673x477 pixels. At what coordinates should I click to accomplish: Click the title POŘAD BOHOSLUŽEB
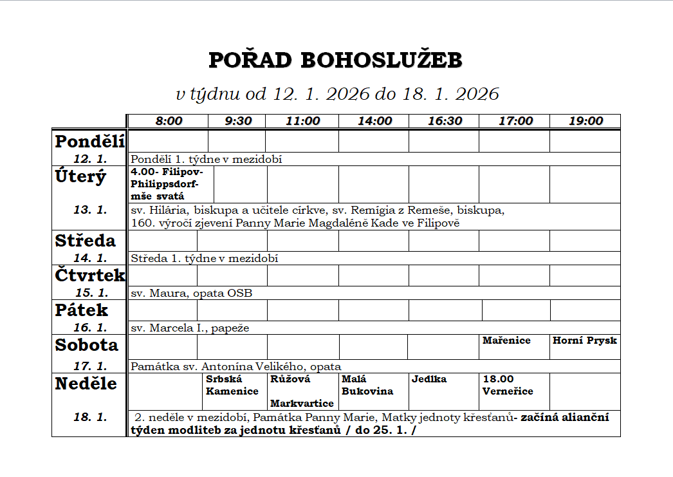[336, 61]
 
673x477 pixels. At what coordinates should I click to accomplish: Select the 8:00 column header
[169, 121]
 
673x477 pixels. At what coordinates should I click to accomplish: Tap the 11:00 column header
[302, 121]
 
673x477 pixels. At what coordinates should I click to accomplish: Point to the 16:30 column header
[445, 121]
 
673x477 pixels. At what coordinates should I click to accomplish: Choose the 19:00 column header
[585, 121]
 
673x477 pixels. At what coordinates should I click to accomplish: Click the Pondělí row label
[89, 141]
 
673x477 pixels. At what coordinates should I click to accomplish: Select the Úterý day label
[80, 176]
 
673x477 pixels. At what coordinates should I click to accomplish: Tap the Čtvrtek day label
[89, 275]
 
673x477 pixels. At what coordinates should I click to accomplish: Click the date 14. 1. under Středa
[90, 258]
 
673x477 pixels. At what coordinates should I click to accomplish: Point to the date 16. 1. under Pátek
[90, 328]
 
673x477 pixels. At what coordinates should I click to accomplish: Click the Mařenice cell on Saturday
[506, 341]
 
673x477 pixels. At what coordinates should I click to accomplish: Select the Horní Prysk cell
[584, 341]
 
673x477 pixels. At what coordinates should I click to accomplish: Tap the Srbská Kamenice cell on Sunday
[232, 385]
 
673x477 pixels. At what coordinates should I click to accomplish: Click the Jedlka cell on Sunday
[429, 379]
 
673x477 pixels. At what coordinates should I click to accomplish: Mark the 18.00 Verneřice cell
[508, 385]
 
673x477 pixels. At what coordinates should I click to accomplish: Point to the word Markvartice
[302, 404]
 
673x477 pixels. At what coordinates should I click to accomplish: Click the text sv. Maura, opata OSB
[191, 294]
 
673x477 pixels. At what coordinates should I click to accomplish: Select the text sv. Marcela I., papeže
[190, 328]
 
